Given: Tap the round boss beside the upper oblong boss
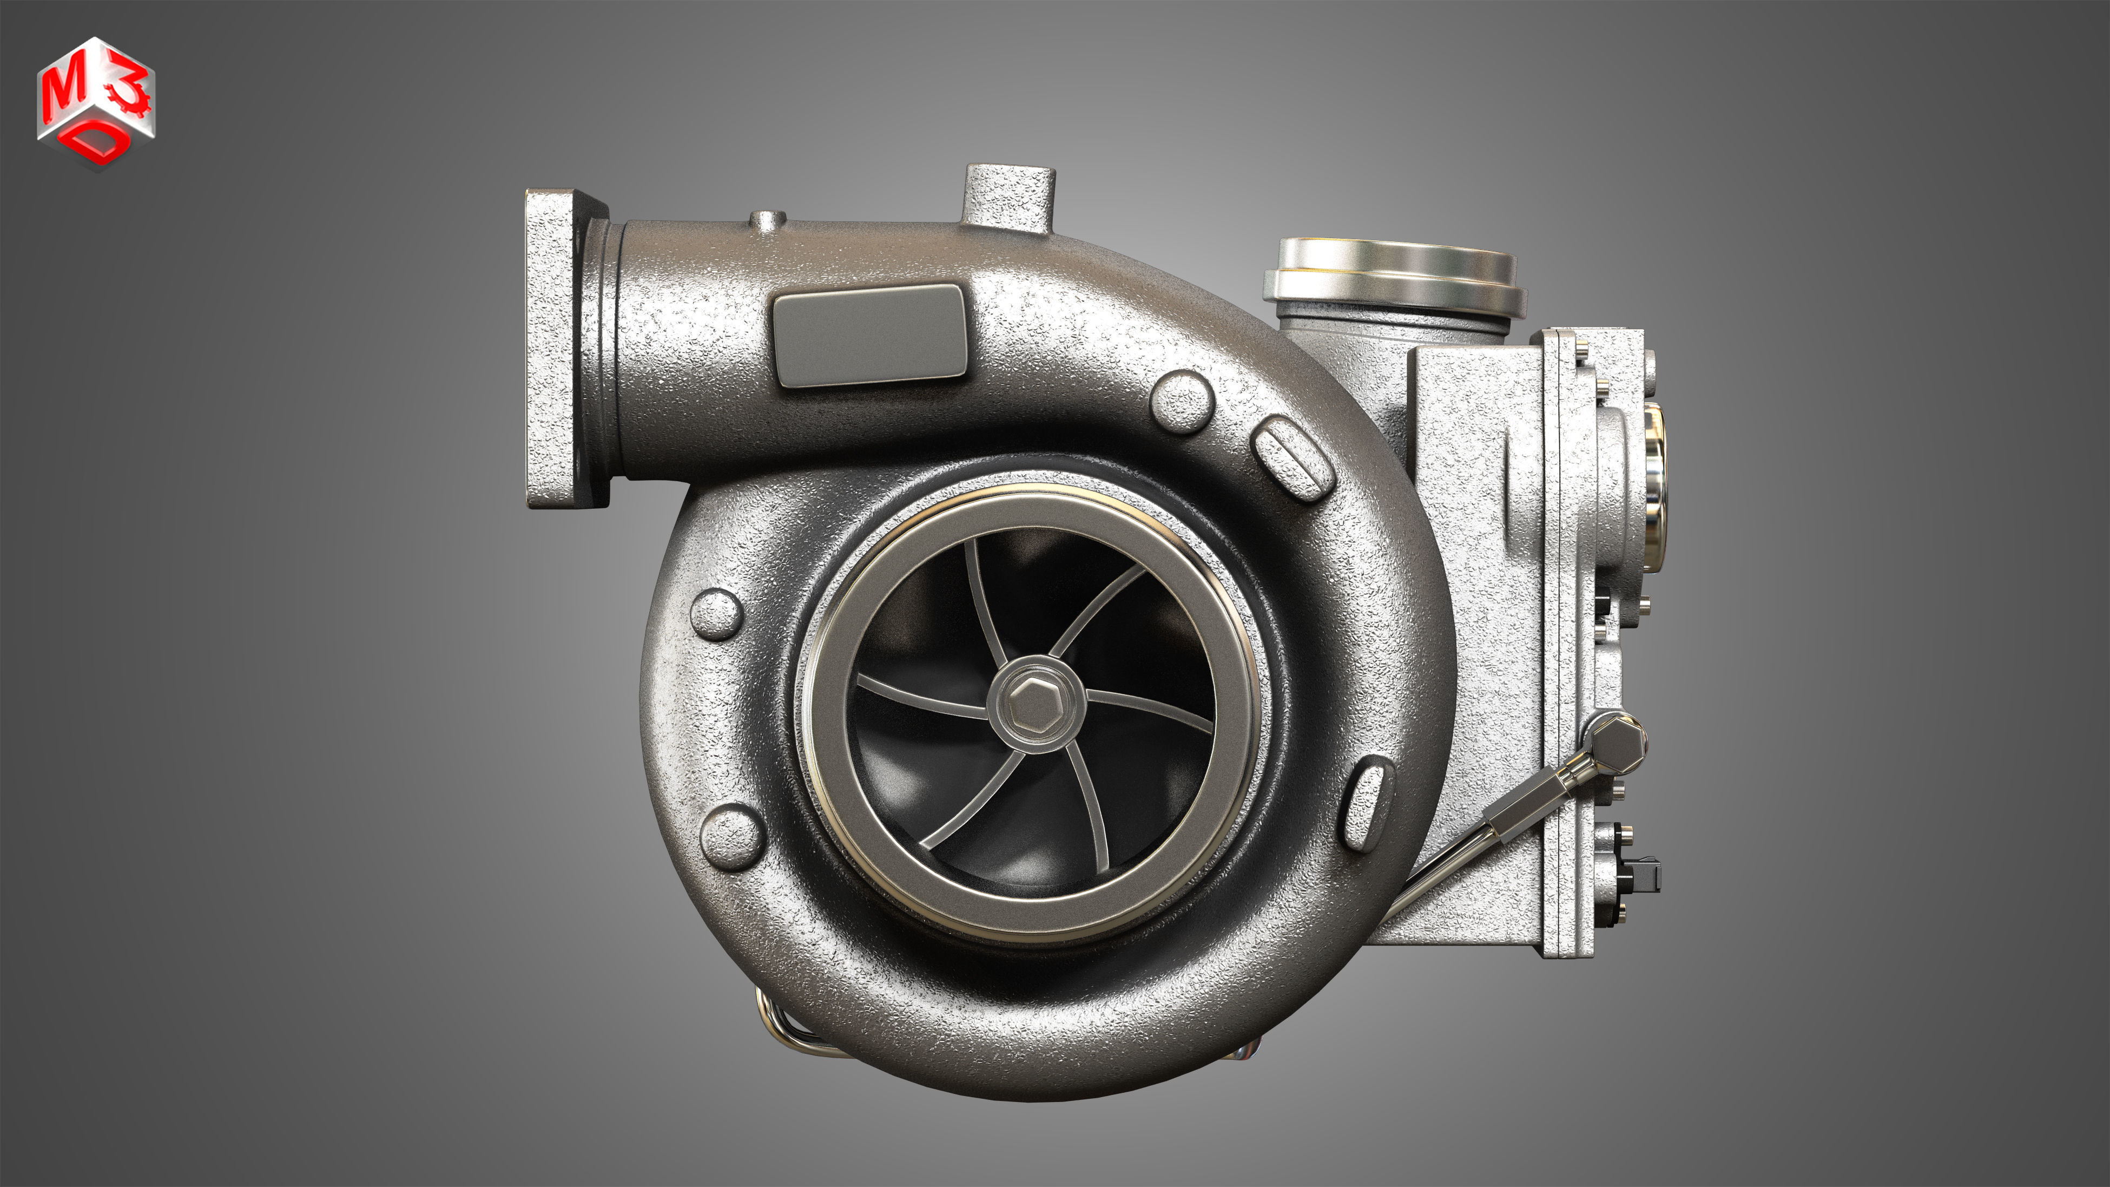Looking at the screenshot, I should pyautogui.click(x=1181, y=402).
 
